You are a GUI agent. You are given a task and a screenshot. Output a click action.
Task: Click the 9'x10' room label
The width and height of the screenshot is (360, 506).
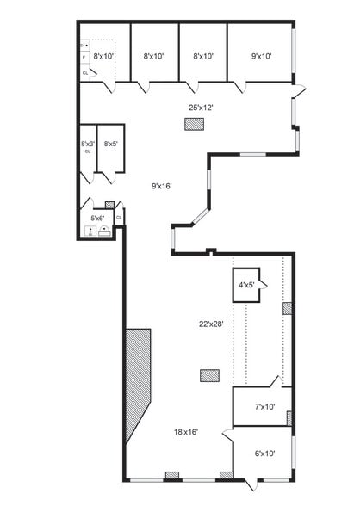pos(262,57)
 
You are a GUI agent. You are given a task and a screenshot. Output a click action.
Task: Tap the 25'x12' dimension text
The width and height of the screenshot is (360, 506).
pos(201,108)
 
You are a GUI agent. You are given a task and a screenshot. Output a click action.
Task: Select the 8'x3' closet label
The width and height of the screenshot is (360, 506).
pos(87,144)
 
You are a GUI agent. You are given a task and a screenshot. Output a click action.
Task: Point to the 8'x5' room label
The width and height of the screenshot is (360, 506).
pos(110,144)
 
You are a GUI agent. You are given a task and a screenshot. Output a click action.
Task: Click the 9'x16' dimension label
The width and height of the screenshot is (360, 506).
pos(162,186)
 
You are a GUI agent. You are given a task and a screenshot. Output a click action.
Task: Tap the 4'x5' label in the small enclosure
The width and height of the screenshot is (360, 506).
pos(245,284)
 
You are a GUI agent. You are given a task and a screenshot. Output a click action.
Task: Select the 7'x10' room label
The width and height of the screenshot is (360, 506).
pos(264,407)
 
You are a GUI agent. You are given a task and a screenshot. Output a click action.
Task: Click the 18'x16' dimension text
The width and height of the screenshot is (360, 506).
pos(187,432)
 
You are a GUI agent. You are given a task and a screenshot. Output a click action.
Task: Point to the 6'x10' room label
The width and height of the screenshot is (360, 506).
pos(264,453)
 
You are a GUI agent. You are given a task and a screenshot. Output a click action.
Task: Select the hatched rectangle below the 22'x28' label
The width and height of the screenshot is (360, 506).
pos(209,375)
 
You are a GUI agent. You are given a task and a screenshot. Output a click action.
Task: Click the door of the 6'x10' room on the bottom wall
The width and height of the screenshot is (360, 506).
pos(249,484)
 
